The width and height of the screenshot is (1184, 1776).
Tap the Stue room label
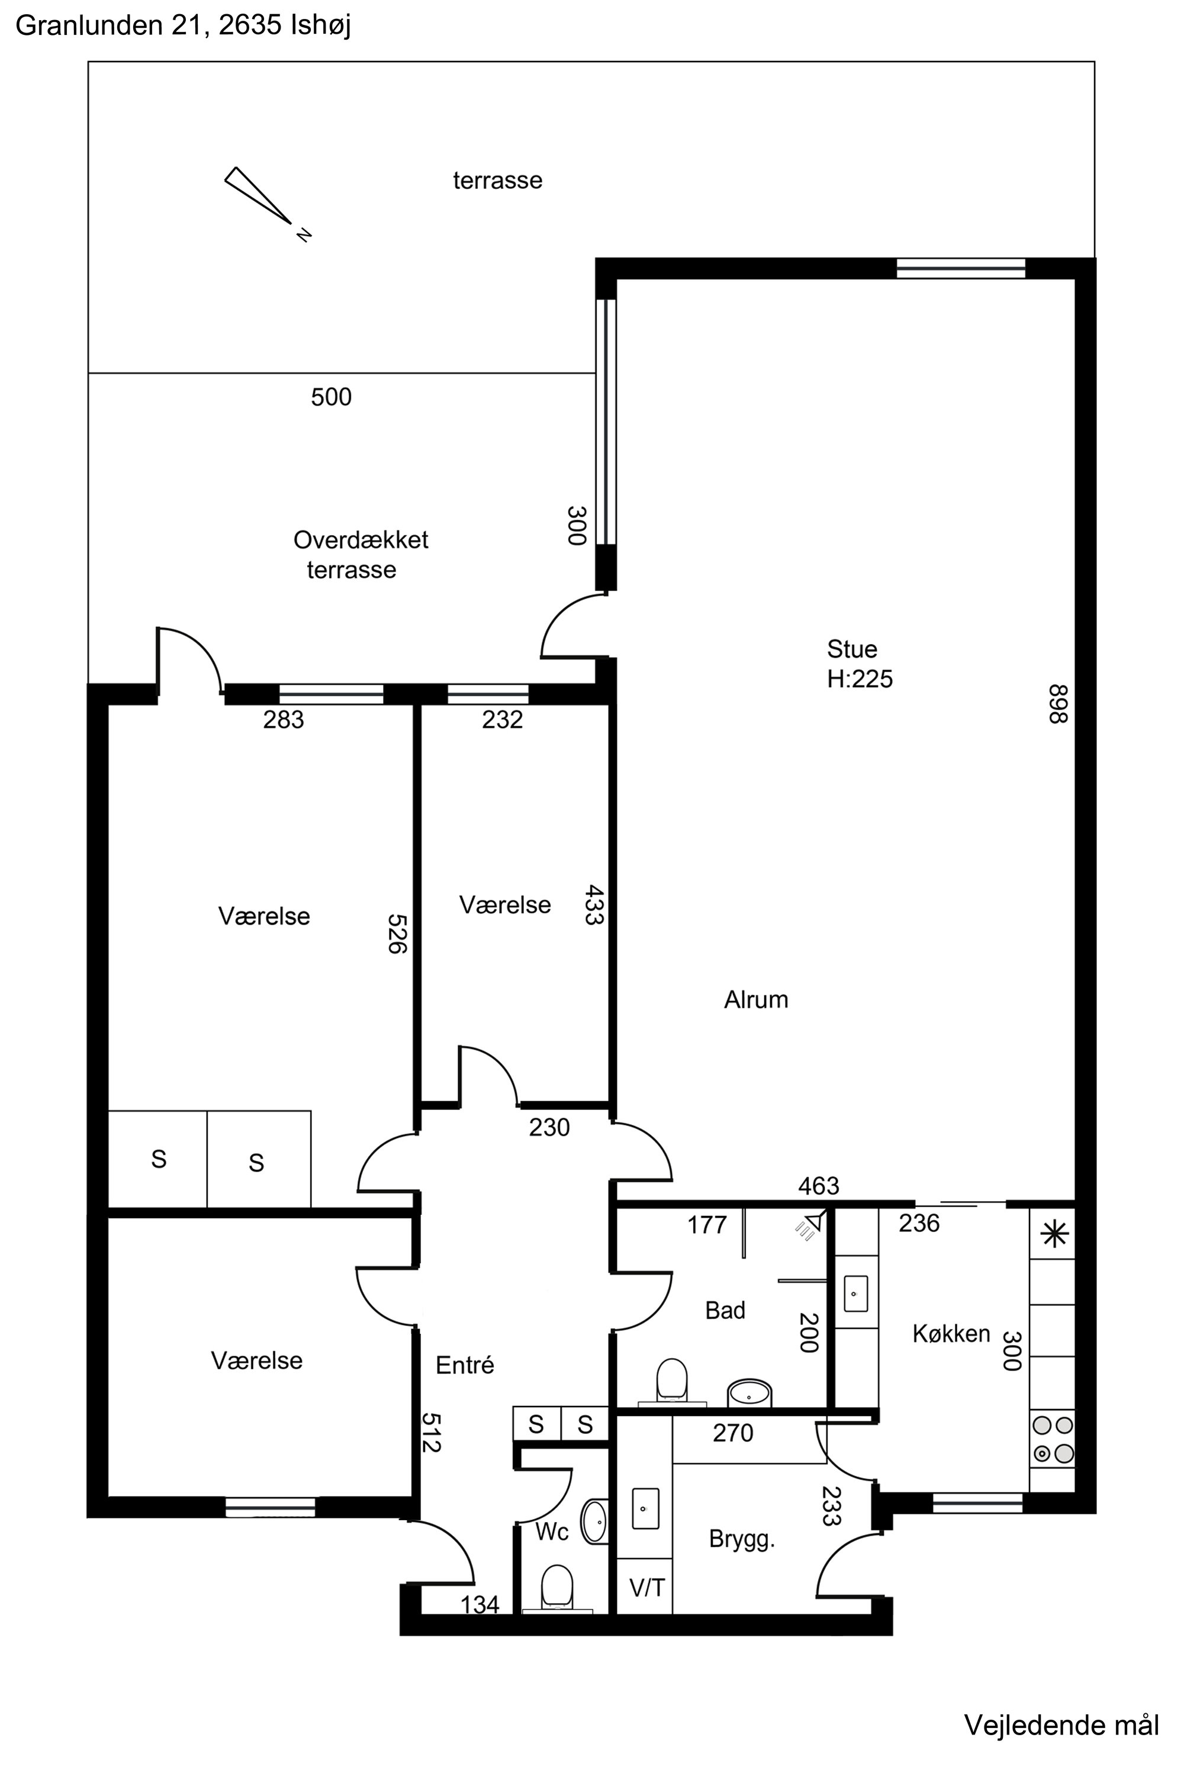(x=852, y=649)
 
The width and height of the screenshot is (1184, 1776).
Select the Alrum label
(x=756, y=1000)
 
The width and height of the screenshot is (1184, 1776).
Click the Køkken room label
(x=951, y=1334)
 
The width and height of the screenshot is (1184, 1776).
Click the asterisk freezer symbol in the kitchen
(x=1054, y=1234)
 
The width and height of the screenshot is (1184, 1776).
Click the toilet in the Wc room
(x=556, y=1586)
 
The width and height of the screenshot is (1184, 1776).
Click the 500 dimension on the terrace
(x=331, y=397)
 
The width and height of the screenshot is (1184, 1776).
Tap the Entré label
(x=464, y=1365)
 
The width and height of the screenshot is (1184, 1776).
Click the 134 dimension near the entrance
(x=480, y=1604)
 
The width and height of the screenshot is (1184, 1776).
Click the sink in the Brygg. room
(x=645, y=1508)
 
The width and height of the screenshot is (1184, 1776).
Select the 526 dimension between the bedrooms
(x=397, y=934)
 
